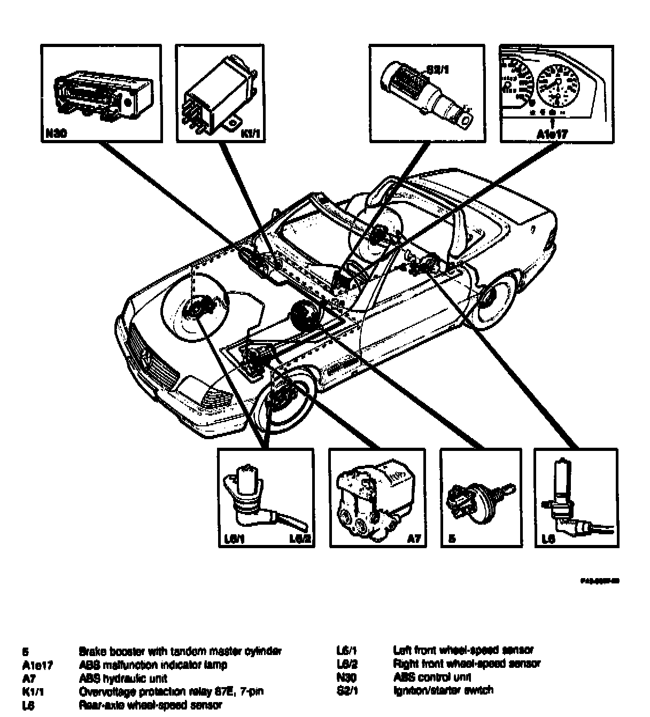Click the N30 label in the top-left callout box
point(56,135)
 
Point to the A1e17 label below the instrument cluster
point(552,134)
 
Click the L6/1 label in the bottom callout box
point(231,540)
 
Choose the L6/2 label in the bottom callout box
point(300,540)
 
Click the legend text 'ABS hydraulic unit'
point(123,679)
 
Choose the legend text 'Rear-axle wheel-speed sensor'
point(150,706)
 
